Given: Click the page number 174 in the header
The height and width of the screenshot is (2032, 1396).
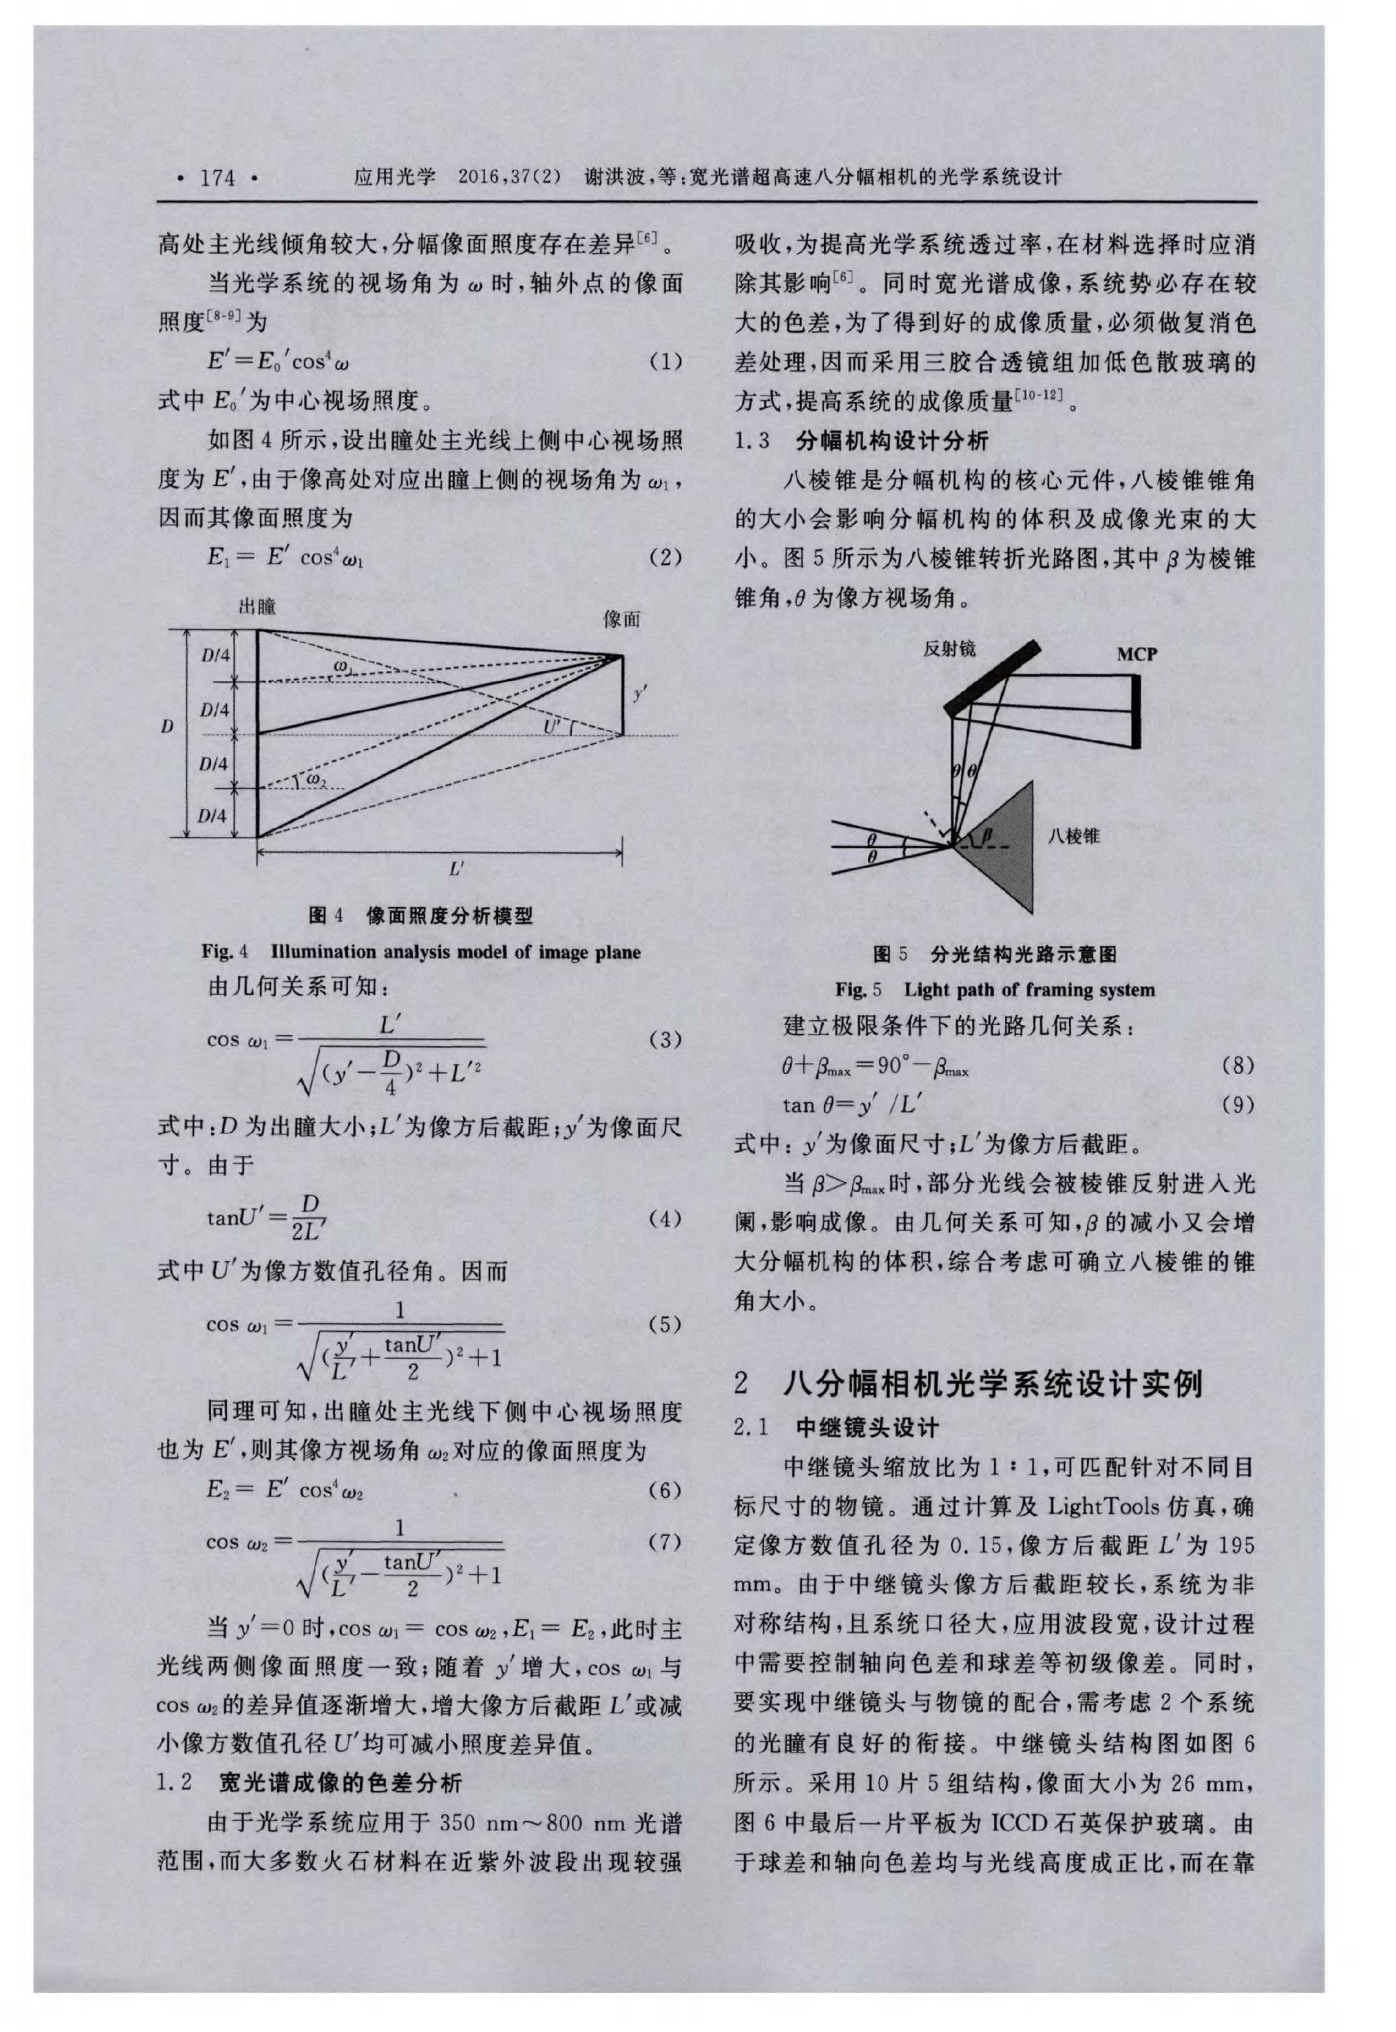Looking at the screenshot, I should (218, 177).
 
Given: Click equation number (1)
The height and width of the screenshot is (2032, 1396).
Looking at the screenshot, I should (666, 361).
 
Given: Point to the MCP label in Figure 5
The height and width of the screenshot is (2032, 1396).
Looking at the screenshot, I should (1136, 653).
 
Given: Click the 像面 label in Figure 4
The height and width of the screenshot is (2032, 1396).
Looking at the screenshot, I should (622, 619).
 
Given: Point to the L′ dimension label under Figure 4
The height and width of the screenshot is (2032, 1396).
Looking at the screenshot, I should (457, 869).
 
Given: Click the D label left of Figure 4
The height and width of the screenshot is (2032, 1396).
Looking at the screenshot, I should (166, 726).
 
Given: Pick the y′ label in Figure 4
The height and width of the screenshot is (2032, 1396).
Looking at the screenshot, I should (640, 694).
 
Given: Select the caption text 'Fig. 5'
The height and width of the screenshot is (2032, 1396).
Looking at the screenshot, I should (858, 990).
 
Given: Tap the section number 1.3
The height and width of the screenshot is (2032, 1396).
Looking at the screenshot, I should (751, 440).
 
